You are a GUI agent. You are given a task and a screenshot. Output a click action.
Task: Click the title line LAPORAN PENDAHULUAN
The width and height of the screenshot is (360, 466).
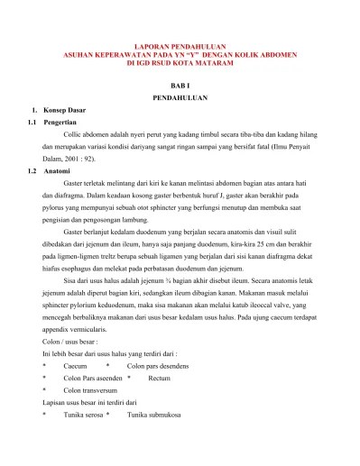[181, 44]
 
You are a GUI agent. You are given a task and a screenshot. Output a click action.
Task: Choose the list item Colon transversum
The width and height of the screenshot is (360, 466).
[95, 392]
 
